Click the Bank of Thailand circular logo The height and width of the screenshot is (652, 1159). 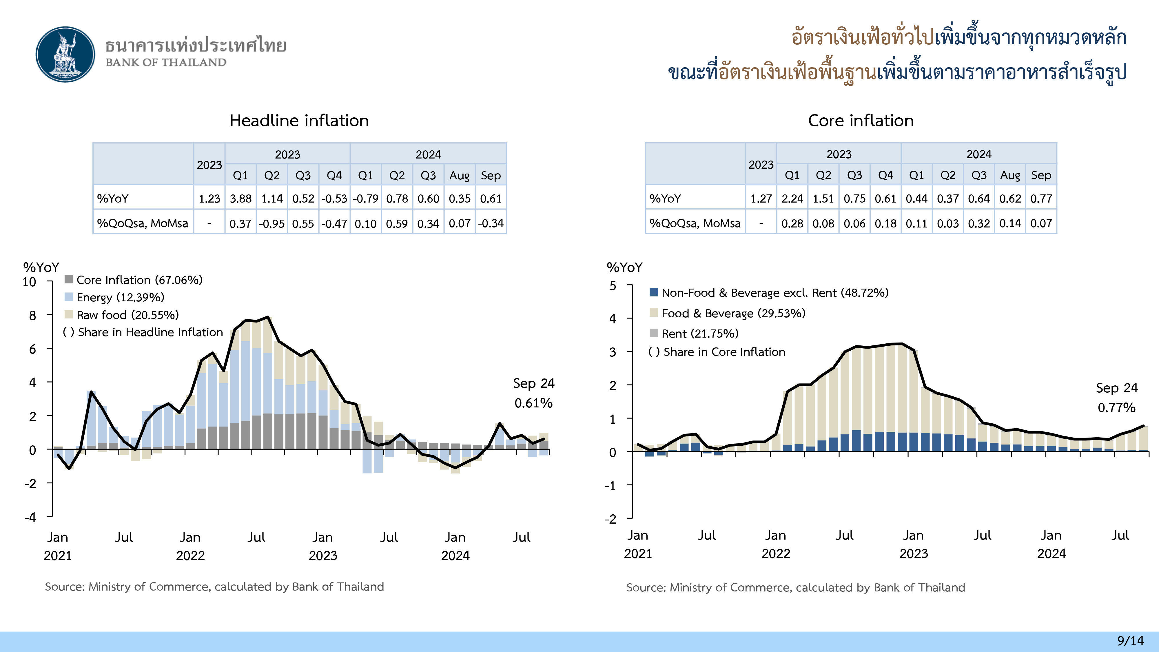tap(66, 54)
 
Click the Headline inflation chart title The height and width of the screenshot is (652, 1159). tap(299, 121)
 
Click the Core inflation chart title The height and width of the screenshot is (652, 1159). tap(861, 121)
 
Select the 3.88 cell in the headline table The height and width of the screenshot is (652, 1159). tap(241, 198)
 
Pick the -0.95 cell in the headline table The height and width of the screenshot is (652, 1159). tap(272, 223)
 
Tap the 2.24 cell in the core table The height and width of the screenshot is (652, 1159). tap(792, 198)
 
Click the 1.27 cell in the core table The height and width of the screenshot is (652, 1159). tap(761, 198)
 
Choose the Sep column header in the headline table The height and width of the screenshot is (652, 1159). tap(491, 175)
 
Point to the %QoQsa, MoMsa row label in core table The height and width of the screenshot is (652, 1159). tap(695, 223)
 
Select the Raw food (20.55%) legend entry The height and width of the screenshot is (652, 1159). tap(127, 315)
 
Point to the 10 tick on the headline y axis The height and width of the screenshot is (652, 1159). tap(29, 282)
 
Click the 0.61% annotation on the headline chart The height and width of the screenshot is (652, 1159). tap(534, 403)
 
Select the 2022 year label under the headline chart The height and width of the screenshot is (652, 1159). tap(190, 556)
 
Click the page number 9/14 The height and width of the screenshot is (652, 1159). tap(1130, 641)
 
